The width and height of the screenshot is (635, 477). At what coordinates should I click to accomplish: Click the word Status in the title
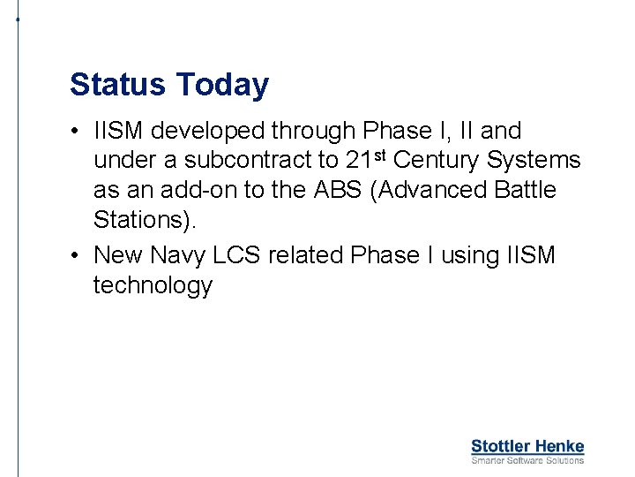click(x=118, y=85)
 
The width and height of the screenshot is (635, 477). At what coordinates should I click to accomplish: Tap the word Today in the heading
click(x=222, y=85)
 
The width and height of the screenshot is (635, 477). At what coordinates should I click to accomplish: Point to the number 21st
click(x=365, y=160)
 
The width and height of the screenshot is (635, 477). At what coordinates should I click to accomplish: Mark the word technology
click(x=153, y=285)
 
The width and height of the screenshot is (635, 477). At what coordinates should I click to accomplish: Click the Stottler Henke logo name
click(x=527, y=446)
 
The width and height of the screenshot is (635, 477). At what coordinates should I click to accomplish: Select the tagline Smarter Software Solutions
click(x=527, y=460)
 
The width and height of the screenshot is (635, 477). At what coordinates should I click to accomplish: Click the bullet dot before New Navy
click(x=78, y=255)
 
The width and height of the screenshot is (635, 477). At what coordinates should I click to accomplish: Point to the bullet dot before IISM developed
click(x=78, y=132)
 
